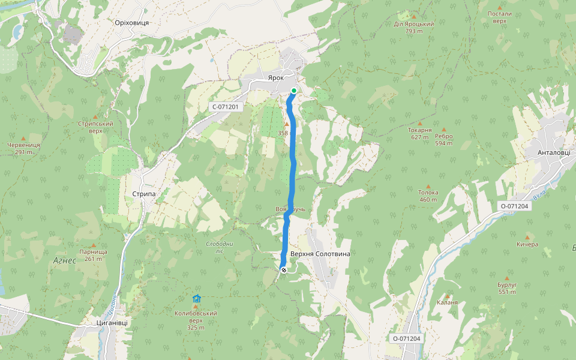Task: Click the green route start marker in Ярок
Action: (x=294, y=91)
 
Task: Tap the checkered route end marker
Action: (x=283, y=270)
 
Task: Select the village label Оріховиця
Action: (x=131, y=22)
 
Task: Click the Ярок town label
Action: (x=275, y=78)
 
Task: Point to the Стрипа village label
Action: (x=144, y=194)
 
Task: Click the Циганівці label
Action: (x=112, y=322)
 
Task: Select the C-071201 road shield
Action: (x=225, y=107)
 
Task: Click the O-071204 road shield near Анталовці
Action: (x=514, y=206)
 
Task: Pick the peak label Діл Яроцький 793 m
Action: (x=414, y=27)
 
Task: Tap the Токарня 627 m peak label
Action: (x=420, y=133)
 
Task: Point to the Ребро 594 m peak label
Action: (x=444, y=139)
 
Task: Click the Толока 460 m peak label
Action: (x=428, y=196)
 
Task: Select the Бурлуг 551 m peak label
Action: (x=507, y=289)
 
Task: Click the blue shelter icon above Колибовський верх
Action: (x=196, y=298)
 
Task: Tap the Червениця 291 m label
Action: (x=24, y=148)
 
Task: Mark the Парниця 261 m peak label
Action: (x=93, y=255)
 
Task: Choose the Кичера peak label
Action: (x=527, y=244)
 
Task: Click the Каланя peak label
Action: (x=447, y=302)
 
